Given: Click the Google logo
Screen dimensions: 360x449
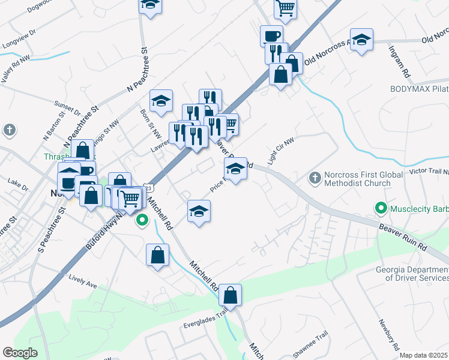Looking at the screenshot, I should click(x=20, y=353).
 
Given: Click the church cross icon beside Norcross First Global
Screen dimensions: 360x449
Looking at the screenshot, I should click(x=314, y=178).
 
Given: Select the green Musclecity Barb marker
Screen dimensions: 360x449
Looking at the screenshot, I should click(x=381, y=209).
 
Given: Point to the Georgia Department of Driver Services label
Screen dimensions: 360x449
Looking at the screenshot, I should click(x=412, y=274).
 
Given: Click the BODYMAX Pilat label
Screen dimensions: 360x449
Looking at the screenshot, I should click(x=419, y=88).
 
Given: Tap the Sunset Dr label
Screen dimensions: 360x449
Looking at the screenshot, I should click(x=67, y=108).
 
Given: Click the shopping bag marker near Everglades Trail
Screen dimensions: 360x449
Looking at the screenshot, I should click(x=230, y=295).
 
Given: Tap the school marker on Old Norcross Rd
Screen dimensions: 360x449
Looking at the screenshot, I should click(x=361, y=40).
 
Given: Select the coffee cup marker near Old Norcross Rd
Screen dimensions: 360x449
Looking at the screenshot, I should click(x=271, y=35).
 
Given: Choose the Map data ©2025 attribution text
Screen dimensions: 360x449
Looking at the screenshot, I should click(x=424, y=355).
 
